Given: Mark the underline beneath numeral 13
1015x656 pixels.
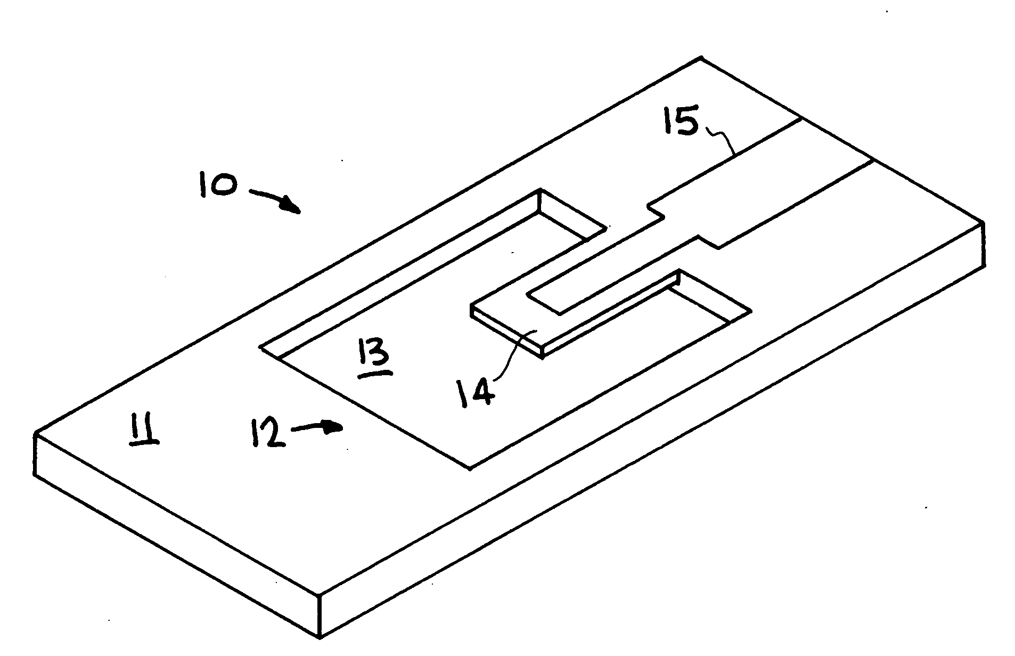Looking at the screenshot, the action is (x=375, y=375).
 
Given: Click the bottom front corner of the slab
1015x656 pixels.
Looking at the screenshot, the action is (x=320, y=637).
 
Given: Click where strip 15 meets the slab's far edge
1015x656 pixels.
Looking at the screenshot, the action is (x=836, y=139).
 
